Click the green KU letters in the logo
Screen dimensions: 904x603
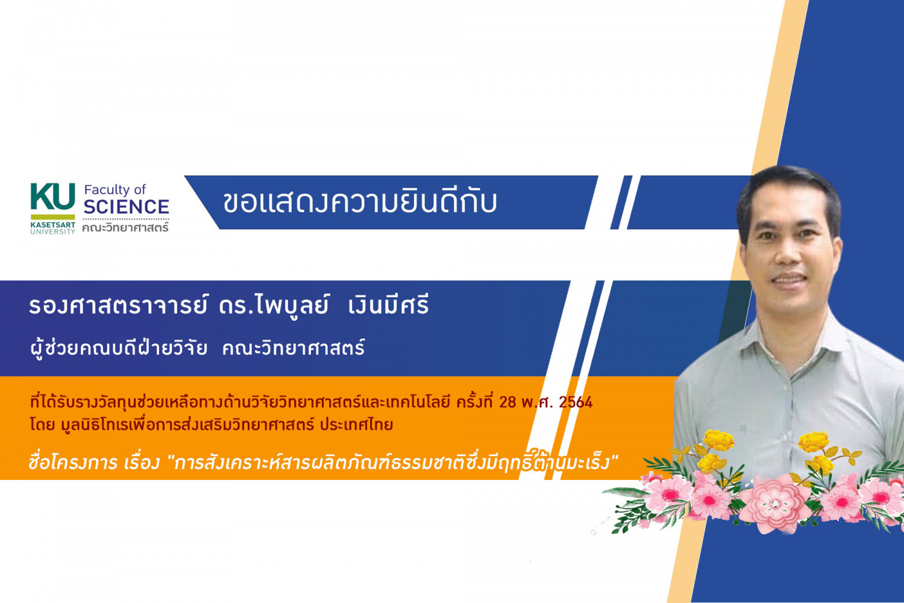tap(53, 197)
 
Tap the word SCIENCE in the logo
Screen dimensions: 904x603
tap(127, 207)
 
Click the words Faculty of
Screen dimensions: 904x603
tap(115, 189)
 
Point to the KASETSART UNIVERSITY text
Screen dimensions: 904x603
tap(53, 228)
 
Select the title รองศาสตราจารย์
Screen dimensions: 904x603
tap(118, 305)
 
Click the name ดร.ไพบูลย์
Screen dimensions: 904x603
tap(274, 305)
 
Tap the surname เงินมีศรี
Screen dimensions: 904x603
tap(388, 305)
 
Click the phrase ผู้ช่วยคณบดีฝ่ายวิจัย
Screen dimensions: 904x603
tap(119, 348)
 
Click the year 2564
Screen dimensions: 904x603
tap(576, 402)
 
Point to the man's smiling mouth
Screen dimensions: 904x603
tap(788, 278)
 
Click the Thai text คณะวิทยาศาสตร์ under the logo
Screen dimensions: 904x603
tap(125, 228)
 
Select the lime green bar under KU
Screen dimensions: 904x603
tap(53, 217)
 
